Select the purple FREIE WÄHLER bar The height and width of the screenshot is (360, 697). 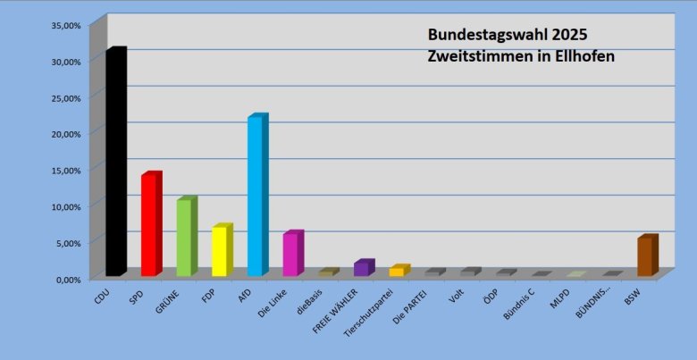point(361,268)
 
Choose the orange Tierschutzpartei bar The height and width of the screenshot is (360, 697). point(397,271)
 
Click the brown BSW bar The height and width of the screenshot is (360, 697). point(645,256)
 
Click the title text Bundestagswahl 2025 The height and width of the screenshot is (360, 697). point(507,36)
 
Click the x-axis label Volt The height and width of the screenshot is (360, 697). point(456,294)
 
